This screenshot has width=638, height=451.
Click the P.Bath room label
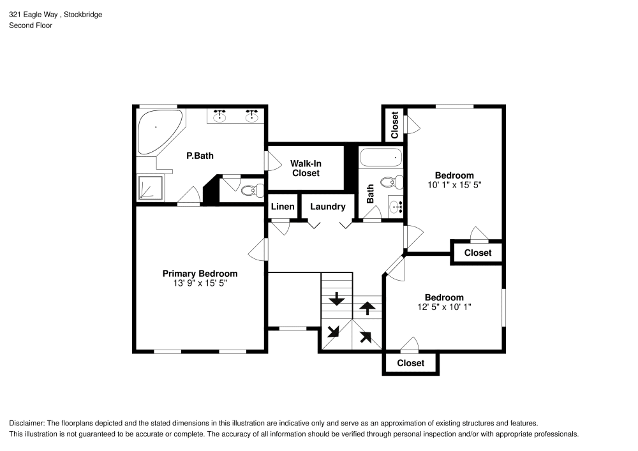(x=200, y=155)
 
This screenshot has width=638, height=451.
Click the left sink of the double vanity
(x=221, y=115)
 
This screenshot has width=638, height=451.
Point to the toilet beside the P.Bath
(x=253, y=189)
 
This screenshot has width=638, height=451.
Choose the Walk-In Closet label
(x=306, y=168)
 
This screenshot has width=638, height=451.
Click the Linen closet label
(x=283, y=207)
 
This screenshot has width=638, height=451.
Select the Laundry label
(x=327, y=207)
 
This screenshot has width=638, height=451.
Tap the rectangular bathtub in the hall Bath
(x=382, y=157)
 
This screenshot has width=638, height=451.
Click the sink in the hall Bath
(x=396, y=206)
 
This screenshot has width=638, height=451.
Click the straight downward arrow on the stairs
(x=336, y=299)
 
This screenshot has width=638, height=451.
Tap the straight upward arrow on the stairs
(x=367, y=308)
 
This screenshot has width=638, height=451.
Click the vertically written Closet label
(x=395, y=124)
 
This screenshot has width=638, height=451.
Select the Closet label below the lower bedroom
(x=410, y=363)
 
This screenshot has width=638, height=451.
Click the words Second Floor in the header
(x=31, y=26)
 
